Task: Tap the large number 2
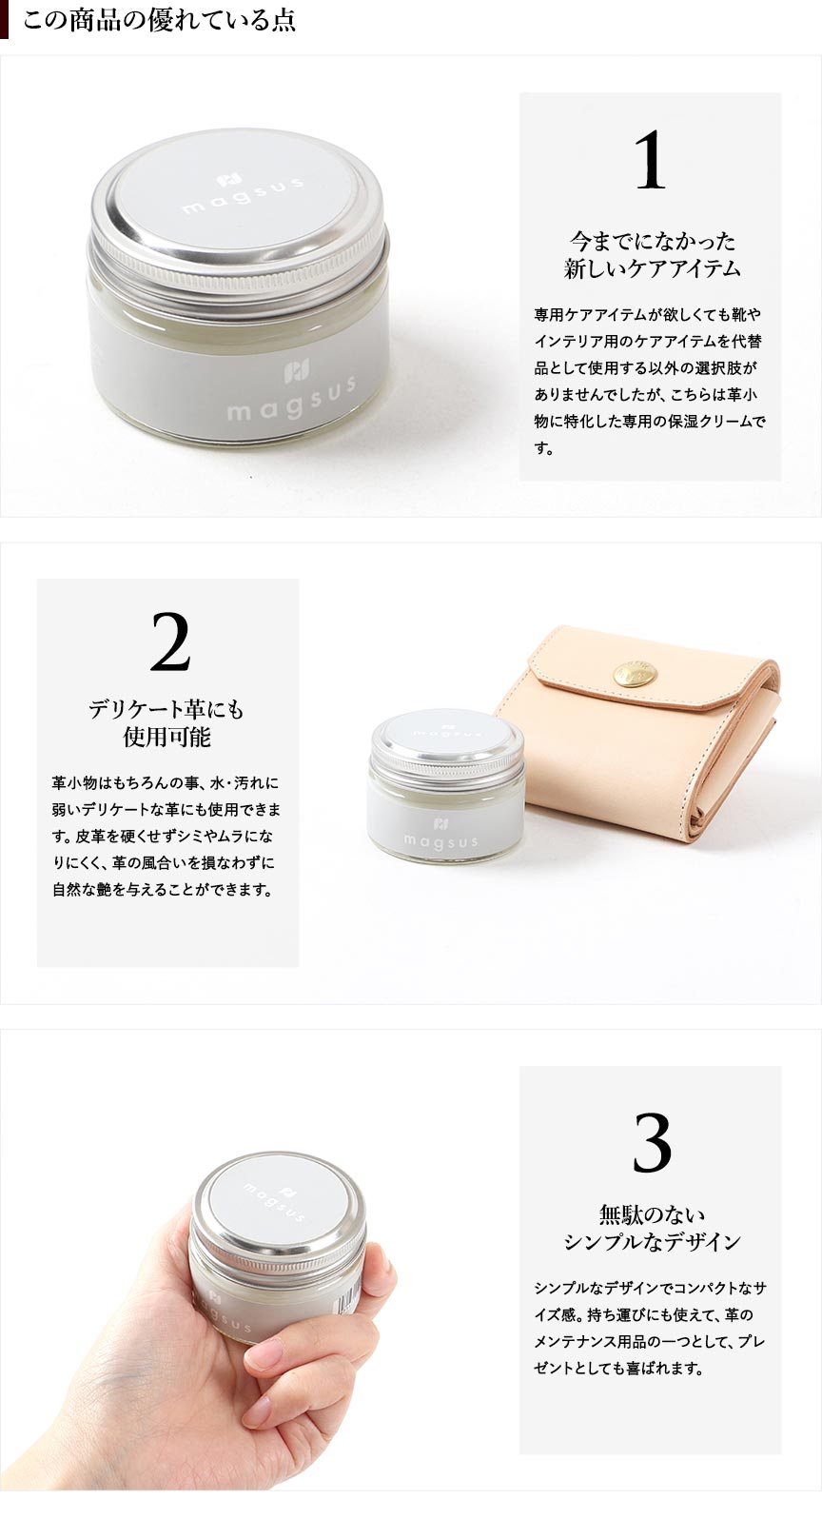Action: tap(169, 641)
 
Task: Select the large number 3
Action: tap(652, 1142)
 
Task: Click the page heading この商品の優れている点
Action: tap(159, 20)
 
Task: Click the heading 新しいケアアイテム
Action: tap(652, 268)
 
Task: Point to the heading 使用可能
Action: tap(166, 737)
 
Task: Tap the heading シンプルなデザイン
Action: tap(652, 1242)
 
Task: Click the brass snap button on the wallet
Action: tap(630, 674)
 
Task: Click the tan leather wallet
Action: tap(644, 733)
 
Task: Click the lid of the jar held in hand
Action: tap(277, 1202)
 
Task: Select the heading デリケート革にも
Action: tap(166, 709)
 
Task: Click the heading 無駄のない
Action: tap(652, 1213)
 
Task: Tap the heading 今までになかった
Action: tap(652, 241)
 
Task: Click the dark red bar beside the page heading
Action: tap(4, 20)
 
